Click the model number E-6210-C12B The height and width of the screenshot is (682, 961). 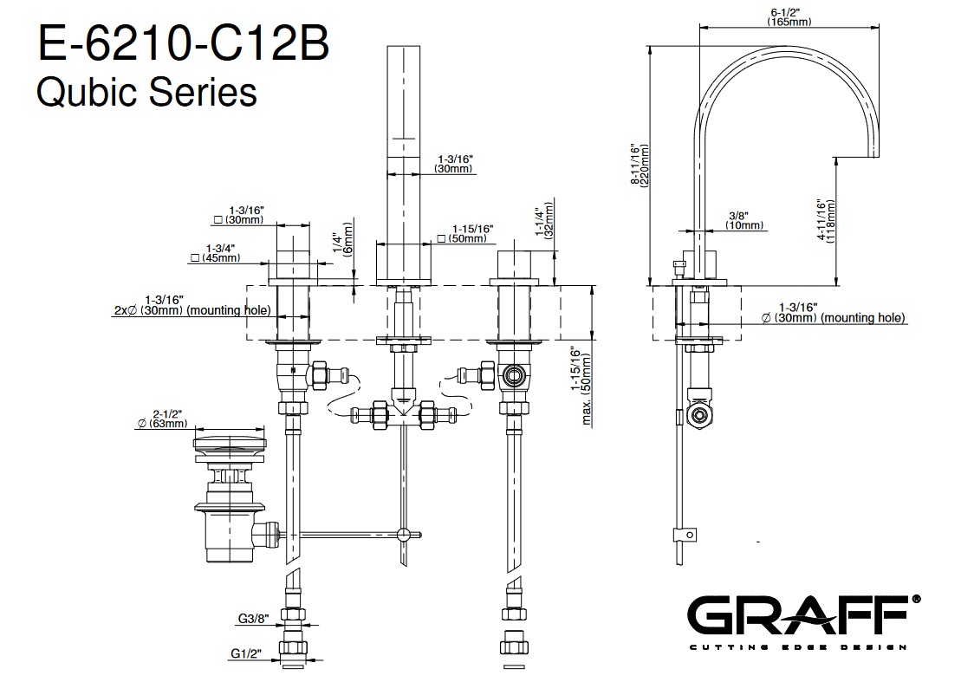(x=182, y=45)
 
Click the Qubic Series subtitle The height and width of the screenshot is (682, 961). (x=146, y=91)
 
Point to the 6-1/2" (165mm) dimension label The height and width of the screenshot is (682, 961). (x=788, y=17)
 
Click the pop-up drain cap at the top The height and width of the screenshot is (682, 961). (x=228, y=445)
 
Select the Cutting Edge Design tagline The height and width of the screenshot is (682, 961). (x=796, y=646)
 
